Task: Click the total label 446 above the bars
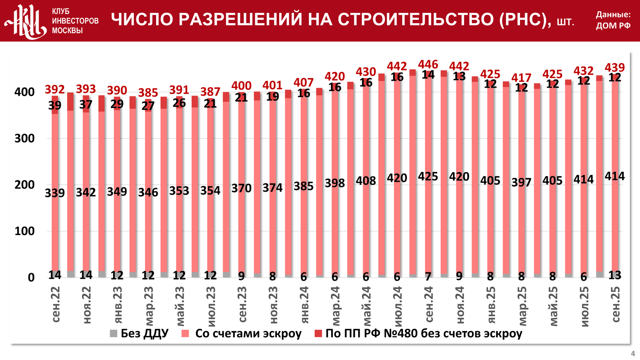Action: [428, 64]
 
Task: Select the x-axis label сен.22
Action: [56, 305]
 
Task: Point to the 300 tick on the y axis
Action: [24, 138]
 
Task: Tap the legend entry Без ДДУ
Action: [139, 333]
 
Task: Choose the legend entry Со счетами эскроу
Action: [242, 333]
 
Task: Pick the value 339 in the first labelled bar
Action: [55, 193]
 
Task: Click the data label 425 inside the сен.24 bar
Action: [428, 177]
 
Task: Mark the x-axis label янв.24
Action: [304, 305]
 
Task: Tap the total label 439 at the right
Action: [614, 67]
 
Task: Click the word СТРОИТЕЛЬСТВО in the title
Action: [416, 19]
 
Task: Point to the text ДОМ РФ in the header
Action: [613, 26]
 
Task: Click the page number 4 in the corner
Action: [633, 354]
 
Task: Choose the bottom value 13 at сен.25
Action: [614, 275]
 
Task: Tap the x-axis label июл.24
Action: [398, 307]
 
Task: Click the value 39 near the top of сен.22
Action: [55, 106]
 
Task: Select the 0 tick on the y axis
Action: [31, 278]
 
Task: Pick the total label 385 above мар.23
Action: [148, 93]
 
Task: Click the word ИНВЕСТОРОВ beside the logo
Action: [75, 21]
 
